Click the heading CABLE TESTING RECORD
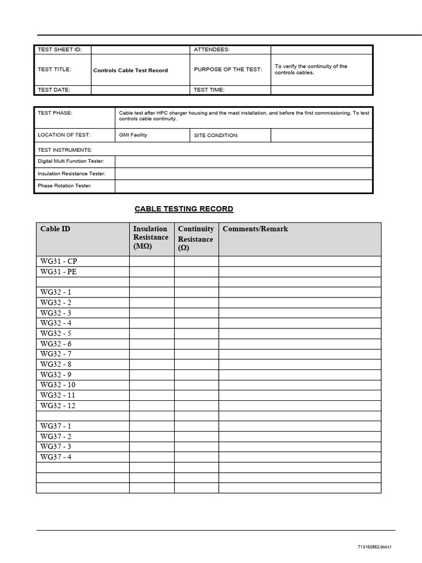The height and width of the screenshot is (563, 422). (x=184, y=209)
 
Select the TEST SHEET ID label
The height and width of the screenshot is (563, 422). (x=59, y=49)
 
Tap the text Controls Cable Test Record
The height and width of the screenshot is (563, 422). (x=131, y=70)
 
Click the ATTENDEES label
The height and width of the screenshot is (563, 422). (x=212, y=49)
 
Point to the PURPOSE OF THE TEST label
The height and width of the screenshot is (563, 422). (x=228, y=69)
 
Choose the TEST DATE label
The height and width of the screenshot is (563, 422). (x=54, y=90)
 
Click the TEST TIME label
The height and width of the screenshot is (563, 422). (x=209, y=90)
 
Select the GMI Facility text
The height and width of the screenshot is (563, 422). (x=133, y=135)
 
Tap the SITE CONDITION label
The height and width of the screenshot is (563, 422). (x=216, y=135)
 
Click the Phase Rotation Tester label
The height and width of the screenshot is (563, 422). (x=64, y=186)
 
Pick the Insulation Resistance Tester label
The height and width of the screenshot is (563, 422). (x=71, y=173)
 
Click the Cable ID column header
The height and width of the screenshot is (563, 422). (x=55, y=229)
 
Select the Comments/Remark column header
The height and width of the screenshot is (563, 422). (x=255, y=229)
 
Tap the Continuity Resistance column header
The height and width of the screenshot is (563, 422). (x=196, y=239)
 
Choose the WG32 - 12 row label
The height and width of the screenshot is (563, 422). (x=58, y=406)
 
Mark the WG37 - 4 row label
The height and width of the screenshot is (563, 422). (x=56, y=457)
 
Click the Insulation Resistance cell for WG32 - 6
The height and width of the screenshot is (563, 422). (x=152, y=344)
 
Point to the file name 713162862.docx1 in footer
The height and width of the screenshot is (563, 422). (x=377, y=547)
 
